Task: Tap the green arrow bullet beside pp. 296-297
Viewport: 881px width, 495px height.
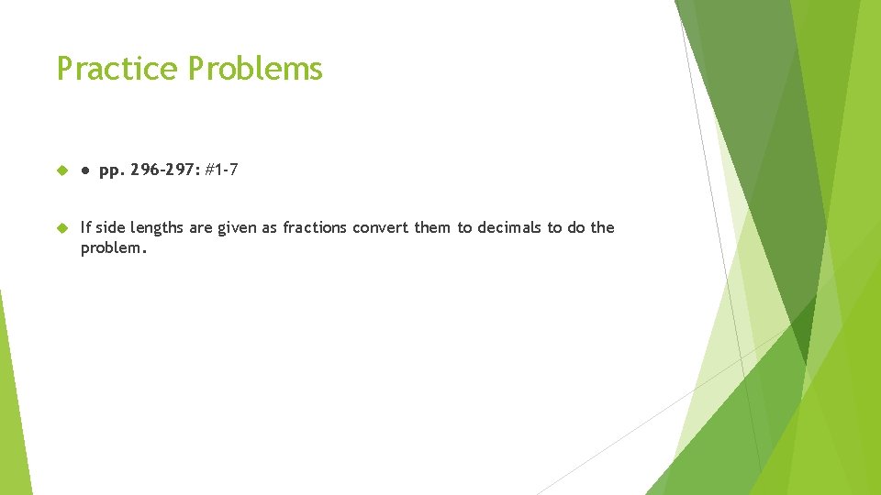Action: click(62, 171)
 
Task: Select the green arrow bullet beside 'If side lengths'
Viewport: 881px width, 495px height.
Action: click(62, 227)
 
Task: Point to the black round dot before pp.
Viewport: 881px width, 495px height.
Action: click(84, 171)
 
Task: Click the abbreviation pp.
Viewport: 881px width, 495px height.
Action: click(111, 171)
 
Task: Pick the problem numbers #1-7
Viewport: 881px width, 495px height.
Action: click(222, 170)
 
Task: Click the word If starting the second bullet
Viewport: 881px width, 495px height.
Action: click(86, 227)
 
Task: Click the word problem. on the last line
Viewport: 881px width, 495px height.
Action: click(113, 248)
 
